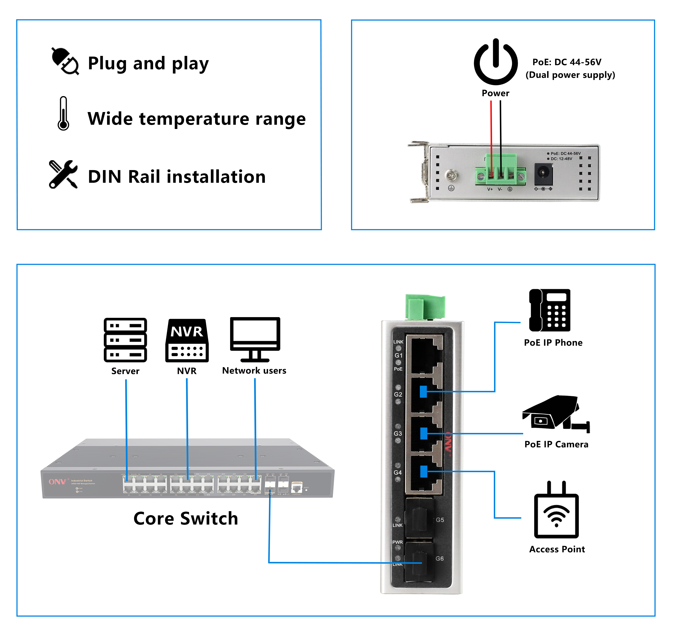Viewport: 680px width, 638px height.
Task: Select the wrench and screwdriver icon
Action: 63,174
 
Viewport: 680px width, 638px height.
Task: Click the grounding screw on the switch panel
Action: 452,176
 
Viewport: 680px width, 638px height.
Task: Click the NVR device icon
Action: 187,341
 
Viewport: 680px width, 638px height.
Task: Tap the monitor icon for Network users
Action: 255,339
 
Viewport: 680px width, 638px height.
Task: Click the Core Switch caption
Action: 185,518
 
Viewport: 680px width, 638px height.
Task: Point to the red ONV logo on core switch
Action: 57,482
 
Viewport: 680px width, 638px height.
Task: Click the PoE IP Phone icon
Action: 550,310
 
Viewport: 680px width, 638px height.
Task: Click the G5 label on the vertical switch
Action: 440,520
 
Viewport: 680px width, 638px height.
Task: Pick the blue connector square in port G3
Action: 424,433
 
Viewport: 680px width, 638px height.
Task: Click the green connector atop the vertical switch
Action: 425,307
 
